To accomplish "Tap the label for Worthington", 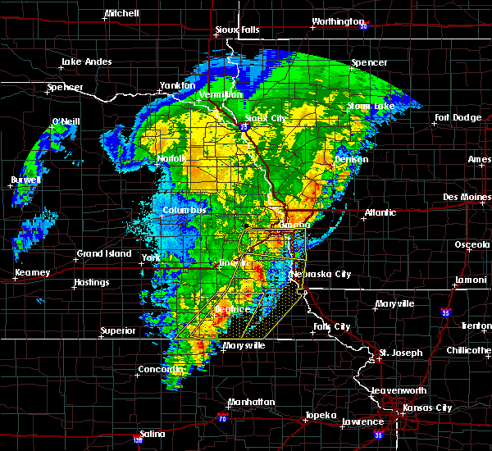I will pyautogui.click(x=337, y=22).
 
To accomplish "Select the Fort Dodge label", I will pyautogui.click(x=458, y=117).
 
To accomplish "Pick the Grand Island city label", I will pyautogui.click(x=104, y=254).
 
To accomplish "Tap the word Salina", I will pyautogui.click(x=152, y=434).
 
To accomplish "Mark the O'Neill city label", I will pyautogui.click(x=66, y=122).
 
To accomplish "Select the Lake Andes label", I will pyautogui.click(x=87, y=62).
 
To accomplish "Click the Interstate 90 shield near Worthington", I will pyautogui.click(x=362, y=24).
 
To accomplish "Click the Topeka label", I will pyautogui.click(x=319, y=415).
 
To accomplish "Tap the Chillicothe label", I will pyautogui.click(x=467, y=350).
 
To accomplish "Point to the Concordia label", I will pyautogui.click(x=161, y=370).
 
